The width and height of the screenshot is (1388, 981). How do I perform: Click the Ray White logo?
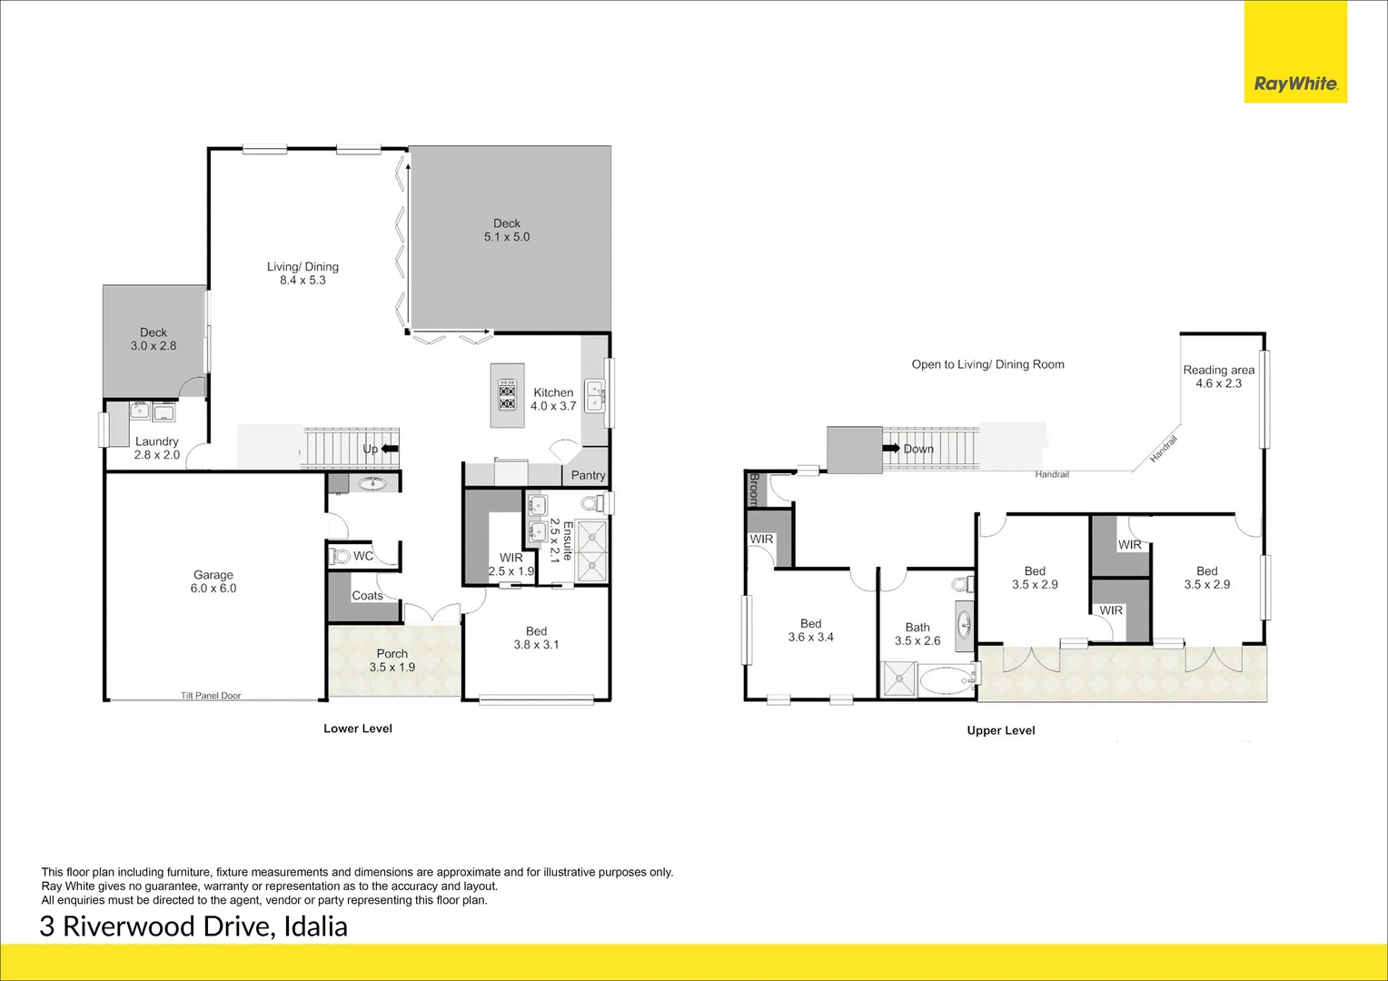tap(1295, 84)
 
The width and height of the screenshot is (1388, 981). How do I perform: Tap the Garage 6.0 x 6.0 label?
tap(213, 581)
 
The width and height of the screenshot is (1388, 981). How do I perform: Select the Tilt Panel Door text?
tap(211, 696)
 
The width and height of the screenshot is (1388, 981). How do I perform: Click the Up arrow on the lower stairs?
tap(390, 449)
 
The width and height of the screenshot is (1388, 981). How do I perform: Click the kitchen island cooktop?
tap(507, 396)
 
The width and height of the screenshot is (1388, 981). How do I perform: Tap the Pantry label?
tap(588, 475)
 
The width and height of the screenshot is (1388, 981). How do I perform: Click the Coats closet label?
tap(367, 596)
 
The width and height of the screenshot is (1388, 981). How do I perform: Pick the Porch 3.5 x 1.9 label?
tap(392, 660)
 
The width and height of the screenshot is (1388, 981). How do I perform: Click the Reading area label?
tap(1218, 377)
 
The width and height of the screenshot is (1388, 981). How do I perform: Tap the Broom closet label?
tap(753, 489)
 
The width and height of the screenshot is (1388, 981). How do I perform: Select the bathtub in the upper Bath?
tap(945, 678)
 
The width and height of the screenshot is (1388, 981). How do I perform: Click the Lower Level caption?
tap(358, 728)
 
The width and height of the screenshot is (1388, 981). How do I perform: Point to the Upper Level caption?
tap(1001, 730)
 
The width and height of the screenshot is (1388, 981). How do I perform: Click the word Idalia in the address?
tap(316, 926)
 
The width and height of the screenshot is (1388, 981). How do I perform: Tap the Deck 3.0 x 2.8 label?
tap(154, 339)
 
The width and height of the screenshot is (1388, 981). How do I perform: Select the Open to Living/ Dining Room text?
tap(987, 364)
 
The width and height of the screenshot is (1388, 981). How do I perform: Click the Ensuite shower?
tap(592, 551)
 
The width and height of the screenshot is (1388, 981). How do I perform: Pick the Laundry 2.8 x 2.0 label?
tap(157, 448)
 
